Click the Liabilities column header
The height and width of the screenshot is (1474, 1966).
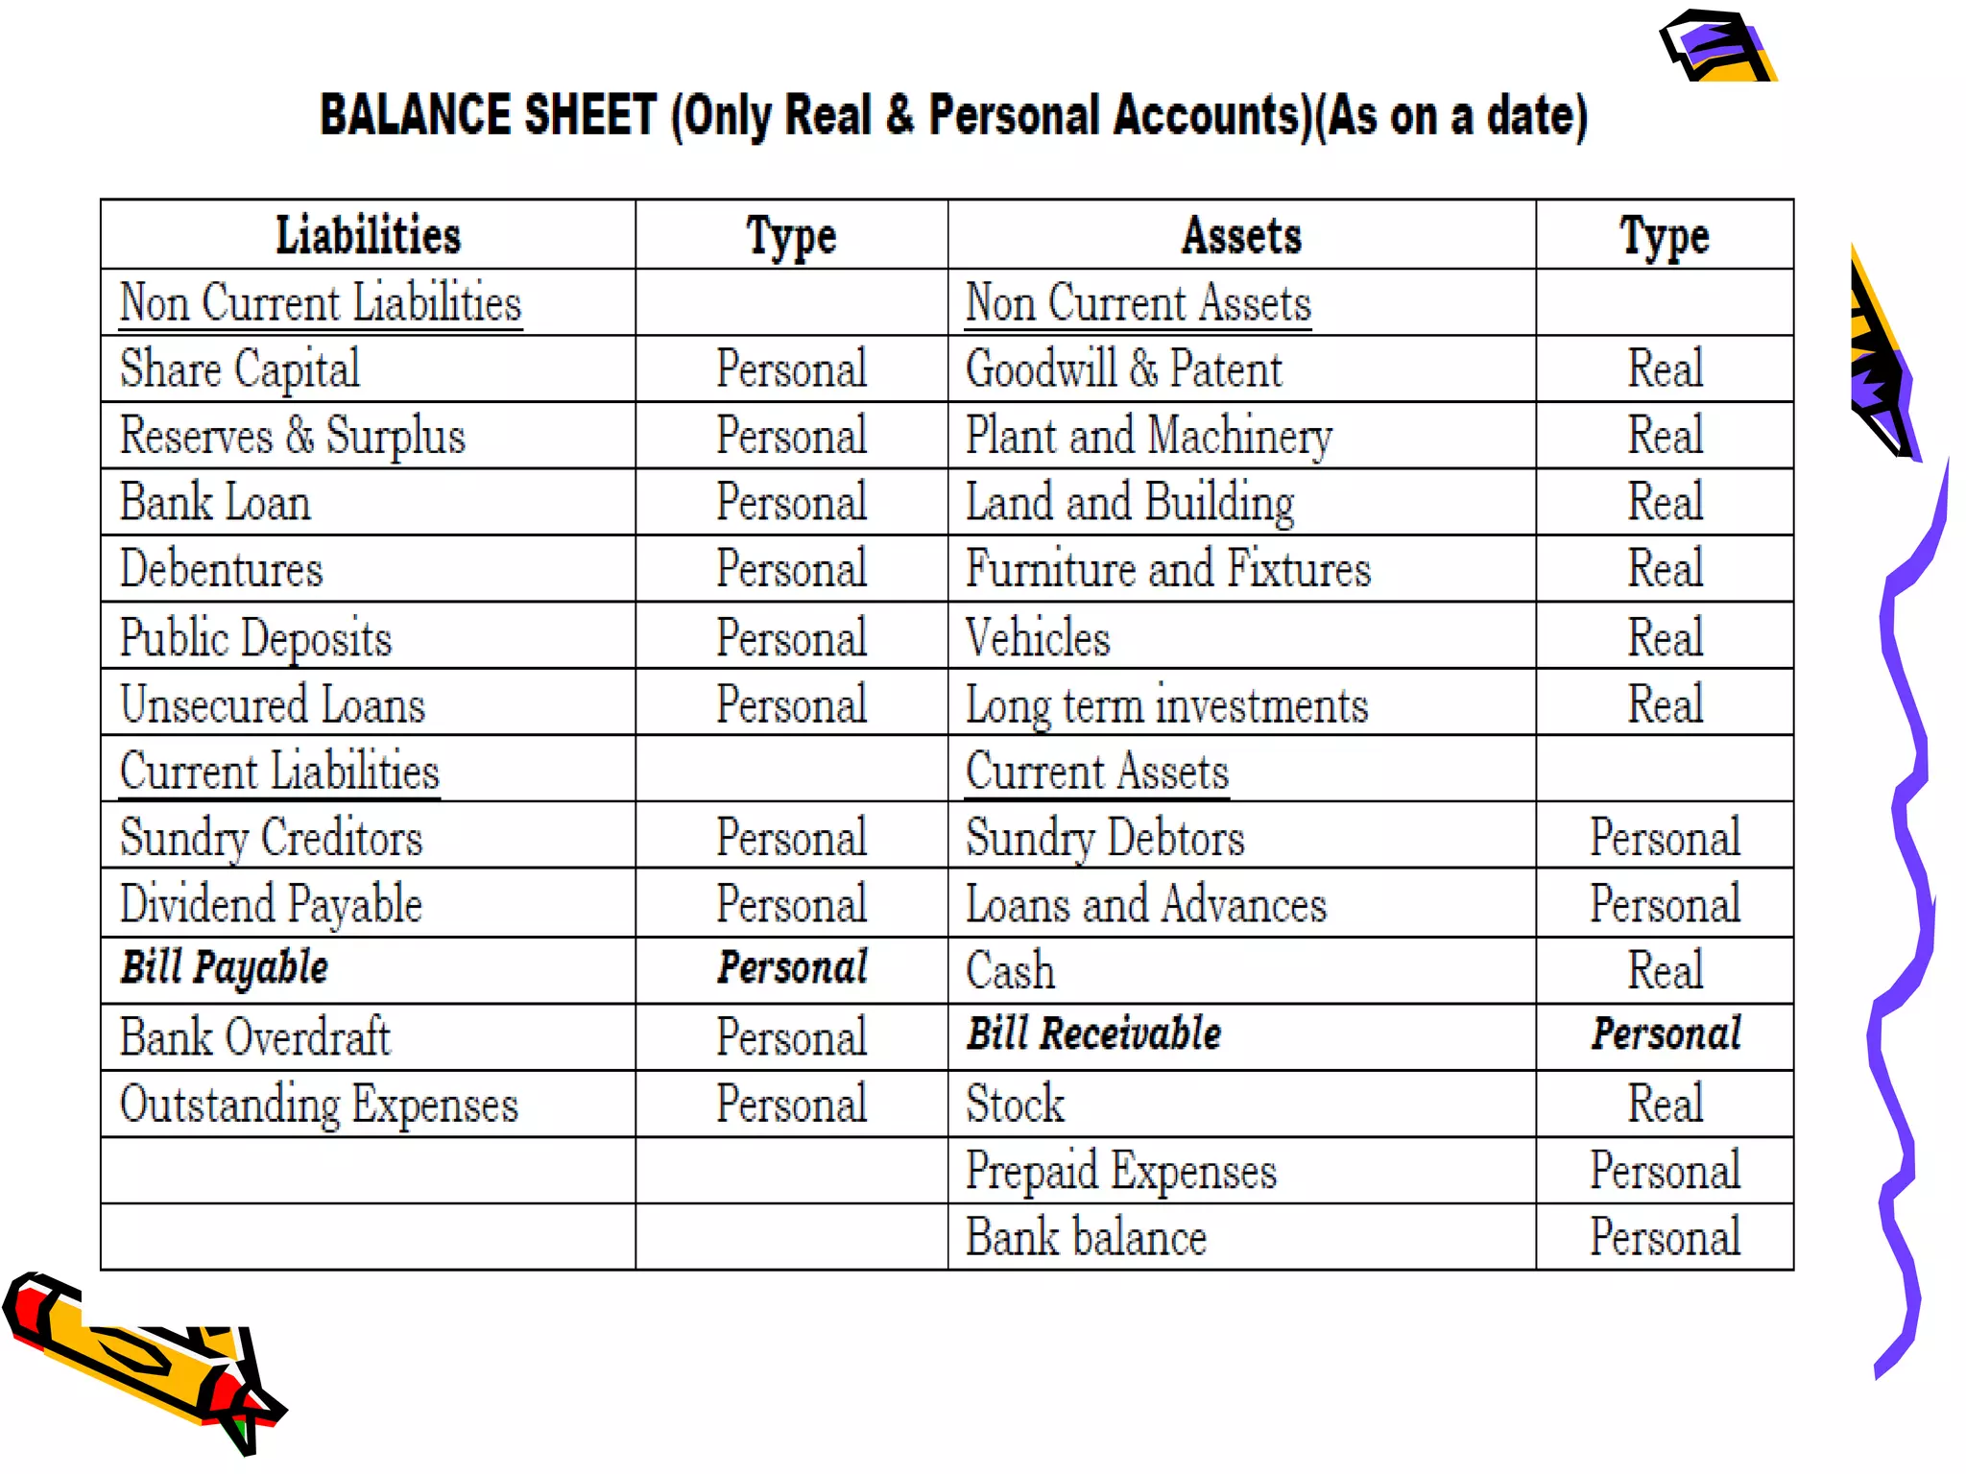coord(368,236)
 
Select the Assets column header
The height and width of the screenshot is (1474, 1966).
coord(1241,236)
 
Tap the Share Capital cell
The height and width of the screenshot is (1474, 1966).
coord(240,369)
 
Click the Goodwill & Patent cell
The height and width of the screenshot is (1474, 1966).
coord(1123,369)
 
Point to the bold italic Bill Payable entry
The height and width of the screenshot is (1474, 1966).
coord(225,967)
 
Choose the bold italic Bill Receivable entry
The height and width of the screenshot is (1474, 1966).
coord(1093,1034)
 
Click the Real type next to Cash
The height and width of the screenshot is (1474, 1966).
coord(1666,970)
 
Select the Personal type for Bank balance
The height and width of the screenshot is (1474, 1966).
coord(1666,1237)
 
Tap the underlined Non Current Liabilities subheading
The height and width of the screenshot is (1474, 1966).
coord(321,303)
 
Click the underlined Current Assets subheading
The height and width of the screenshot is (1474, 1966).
coord(1097,772)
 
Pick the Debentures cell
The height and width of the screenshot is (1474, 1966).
coord(222,569)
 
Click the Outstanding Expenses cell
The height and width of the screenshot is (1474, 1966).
coord(319,1105)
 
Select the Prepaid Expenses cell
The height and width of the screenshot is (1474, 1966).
coord(1121,1171)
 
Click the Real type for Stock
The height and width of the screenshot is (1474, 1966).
coord(1666,1104)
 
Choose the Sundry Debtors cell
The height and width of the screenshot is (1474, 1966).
coord(1105,838)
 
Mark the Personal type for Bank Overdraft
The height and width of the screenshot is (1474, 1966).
coord(792,1037)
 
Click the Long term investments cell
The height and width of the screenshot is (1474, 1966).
coord(1166,705)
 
